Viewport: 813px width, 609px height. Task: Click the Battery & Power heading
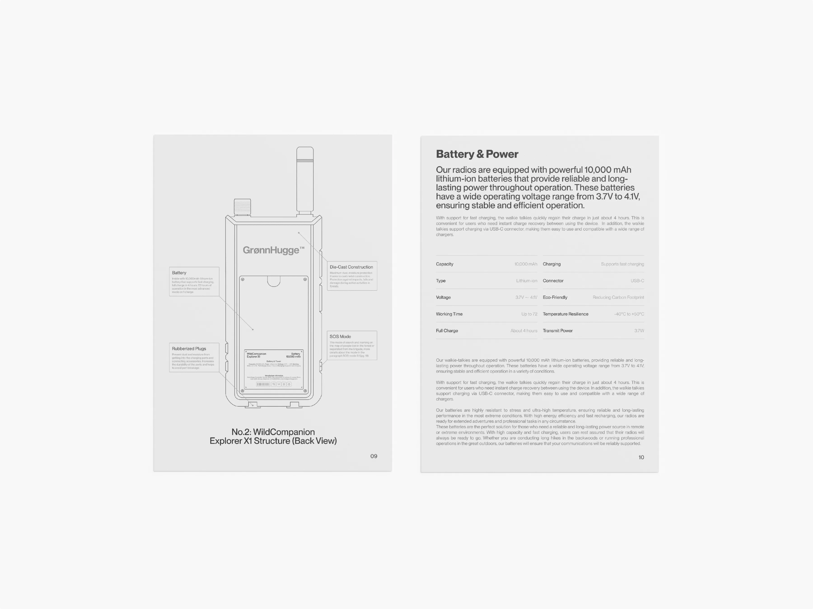coord(477,154)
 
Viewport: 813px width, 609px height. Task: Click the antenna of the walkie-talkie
coord(305,180)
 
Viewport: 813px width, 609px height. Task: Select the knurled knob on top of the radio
coord(242,207)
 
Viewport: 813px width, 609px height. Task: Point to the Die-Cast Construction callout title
coord(351,267)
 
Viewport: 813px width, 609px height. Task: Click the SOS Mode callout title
coord(340,336)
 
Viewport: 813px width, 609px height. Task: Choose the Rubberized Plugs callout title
coord(189,348)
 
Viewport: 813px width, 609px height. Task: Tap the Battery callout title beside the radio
coord(179,273)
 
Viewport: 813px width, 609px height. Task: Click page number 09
coord(374,456)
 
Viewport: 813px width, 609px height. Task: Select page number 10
coord(641,457)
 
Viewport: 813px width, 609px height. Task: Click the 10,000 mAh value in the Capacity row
coord(526,264)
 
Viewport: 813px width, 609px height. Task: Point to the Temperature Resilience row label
coord(565,314)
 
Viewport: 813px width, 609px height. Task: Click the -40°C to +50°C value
coord(629,314)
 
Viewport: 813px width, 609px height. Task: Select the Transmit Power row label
coord(558,331)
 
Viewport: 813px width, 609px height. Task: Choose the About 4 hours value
coord(523,331)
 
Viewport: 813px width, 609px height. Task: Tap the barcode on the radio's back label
coord(263,384)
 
